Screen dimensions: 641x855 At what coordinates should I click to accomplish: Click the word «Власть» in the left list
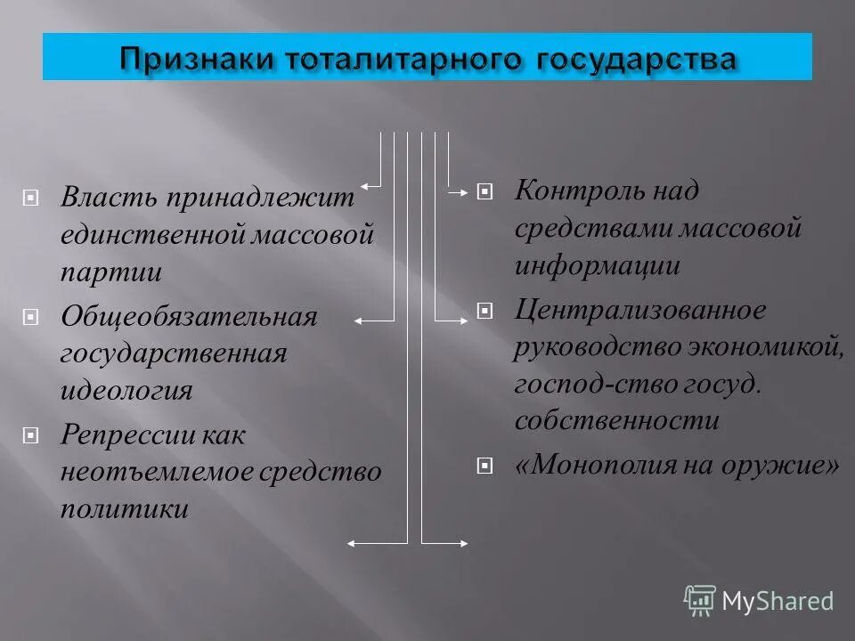click(x=109, y=198)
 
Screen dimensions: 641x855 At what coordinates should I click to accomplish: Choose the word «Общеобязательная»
click(x=189, y=317)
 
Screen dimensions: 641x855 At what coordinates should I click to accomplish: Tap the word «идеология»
click(x=126, y=390)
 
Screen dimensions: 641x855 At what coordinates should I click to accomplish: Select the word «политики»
click(x=125, y=508)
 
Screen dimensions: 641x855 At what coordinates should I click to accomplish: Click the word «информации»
click(x=598, y=265)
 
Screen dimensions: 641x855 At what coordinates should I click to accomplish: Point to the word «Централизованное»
click(x=640, y=311)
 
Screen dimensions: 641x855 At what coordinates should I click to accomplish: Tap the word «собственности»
click(x=616, y=419)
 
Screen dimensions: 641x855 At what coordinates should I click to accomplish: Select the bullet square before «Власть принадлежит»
click(x=31, y=198)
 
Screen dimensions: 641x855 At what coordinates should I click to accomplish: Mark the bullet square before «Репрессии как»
click(x=31, y=436)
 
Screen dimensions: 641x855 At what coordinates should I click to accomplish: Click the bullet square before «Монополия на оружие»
click(x=484, y=465)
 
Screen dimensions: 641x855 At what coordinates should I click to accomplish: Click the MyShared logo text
click(x=777, y=601)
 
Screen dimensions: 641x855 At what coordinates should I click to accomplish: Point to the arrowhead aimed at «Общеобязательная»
click(x=358, y=319)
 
